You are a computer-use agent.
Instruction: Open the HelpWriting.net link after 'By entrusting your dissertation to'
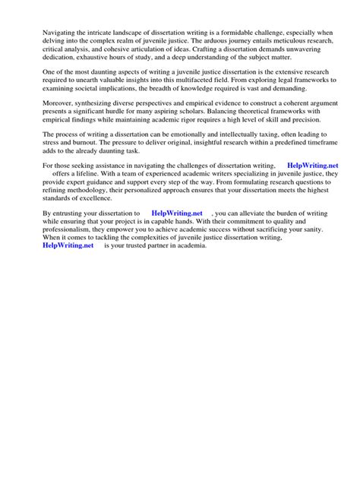(x=177, y=235)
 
